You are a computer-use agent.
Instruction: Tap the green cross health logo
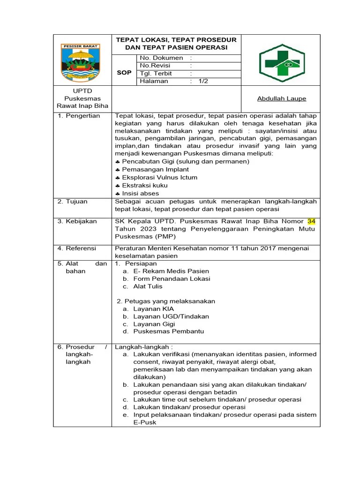[x=281, y=60]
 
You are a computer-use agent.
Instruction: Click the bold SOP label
[x=124, y=73]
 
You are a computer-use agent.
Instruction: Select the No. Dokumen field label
[x=161, y=58]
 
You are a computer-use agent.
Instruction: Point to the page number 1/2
[x=203, y=81]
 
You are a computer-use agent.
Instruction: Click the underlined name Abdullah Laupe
[x=281, y=98]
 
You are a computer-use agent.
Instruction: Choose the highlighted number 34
[x=312, y=221]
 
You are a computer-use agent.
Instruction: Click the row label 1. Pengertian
[x=79, y=115]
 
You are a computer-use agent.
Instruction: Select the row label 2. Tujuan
[x=72, y=201]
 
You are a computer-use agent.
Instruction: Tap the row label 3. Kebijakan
[x=77, y=221]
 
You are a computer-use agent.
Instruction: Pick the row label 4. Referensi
[x=76, y=248]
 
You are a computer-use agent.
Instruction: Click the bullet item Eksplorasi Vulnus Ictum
[x=159, y=178]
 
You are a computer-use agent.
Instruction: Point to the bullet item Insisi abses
[x=140, y=193]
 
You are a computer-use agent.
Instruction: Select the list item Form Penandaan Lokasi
[x=165, y=278]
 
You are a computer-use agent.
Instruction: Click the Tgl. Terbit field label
[x=156, y=74]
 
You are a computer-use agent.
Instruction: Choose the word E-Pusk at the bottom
[x=144, y=422]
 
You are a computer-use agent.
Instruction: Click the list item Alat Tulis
[x=148, y=286]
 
